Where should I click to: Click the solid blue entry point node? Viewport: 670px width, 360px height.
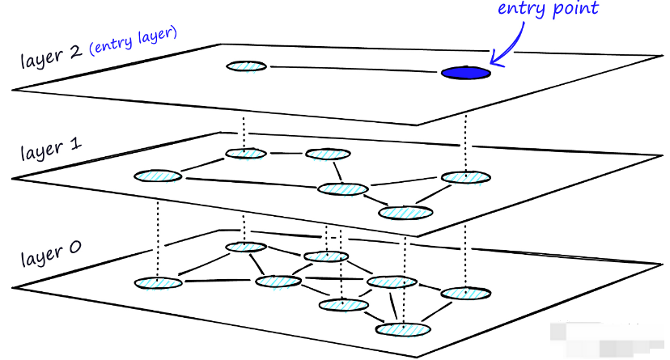465,73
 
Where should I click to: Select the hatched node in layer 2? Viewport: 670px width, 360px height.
246,66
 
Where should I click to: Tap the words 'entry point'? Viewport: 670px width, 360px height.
547,9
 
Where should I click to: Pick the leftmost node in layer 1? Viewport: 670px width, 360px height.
158,176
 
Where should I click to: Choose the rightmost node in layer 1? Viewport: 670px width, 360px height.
465,177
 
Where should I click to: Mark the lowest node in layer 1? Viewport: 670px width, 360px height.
406,213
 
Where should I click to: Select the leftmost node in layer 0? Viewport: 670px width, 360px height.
157,282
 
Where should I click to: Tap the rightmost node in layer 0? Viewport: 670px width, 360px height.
465,293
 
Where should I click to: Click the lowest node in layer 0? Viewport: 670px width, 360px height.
403,329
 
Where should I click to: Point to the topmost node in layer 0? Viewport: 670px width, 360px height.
246,247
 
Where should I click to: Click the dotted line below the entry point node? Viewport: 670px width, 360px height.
465,121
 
